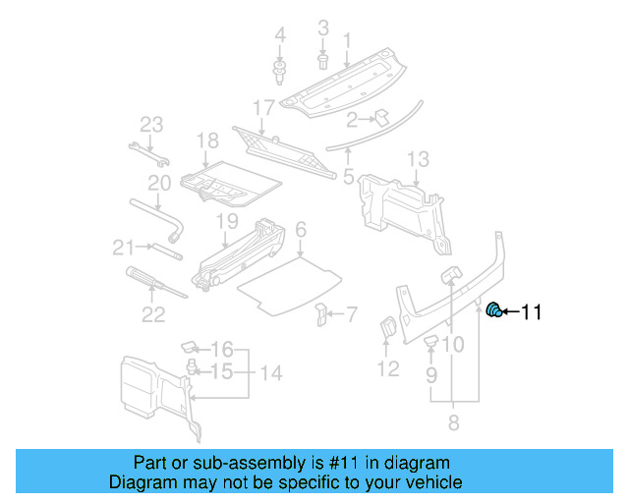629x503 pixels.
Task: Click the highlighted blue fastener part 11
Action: [x=495, y=311]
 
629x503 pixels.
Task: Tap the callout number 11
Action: [x=531, y=313]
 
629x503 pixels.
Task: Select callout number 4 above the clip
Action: [x=280, y=37]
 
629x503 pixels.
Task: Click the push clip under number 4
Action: [x=280, y=71]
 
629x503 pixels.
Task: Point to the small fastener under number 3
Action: [x=322, y=62]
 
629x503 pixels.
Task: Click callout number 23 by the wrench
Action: [x=150, y=125]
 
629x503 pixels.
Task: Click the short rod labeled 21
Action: [x=164, y=250]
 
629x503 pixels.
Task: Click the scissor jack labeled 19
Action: [x=242, y=257]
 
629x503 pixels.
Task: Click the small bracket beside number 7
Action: [x=320, y=314]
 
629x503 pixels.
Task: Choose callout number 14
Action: [x=270, y=372]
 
